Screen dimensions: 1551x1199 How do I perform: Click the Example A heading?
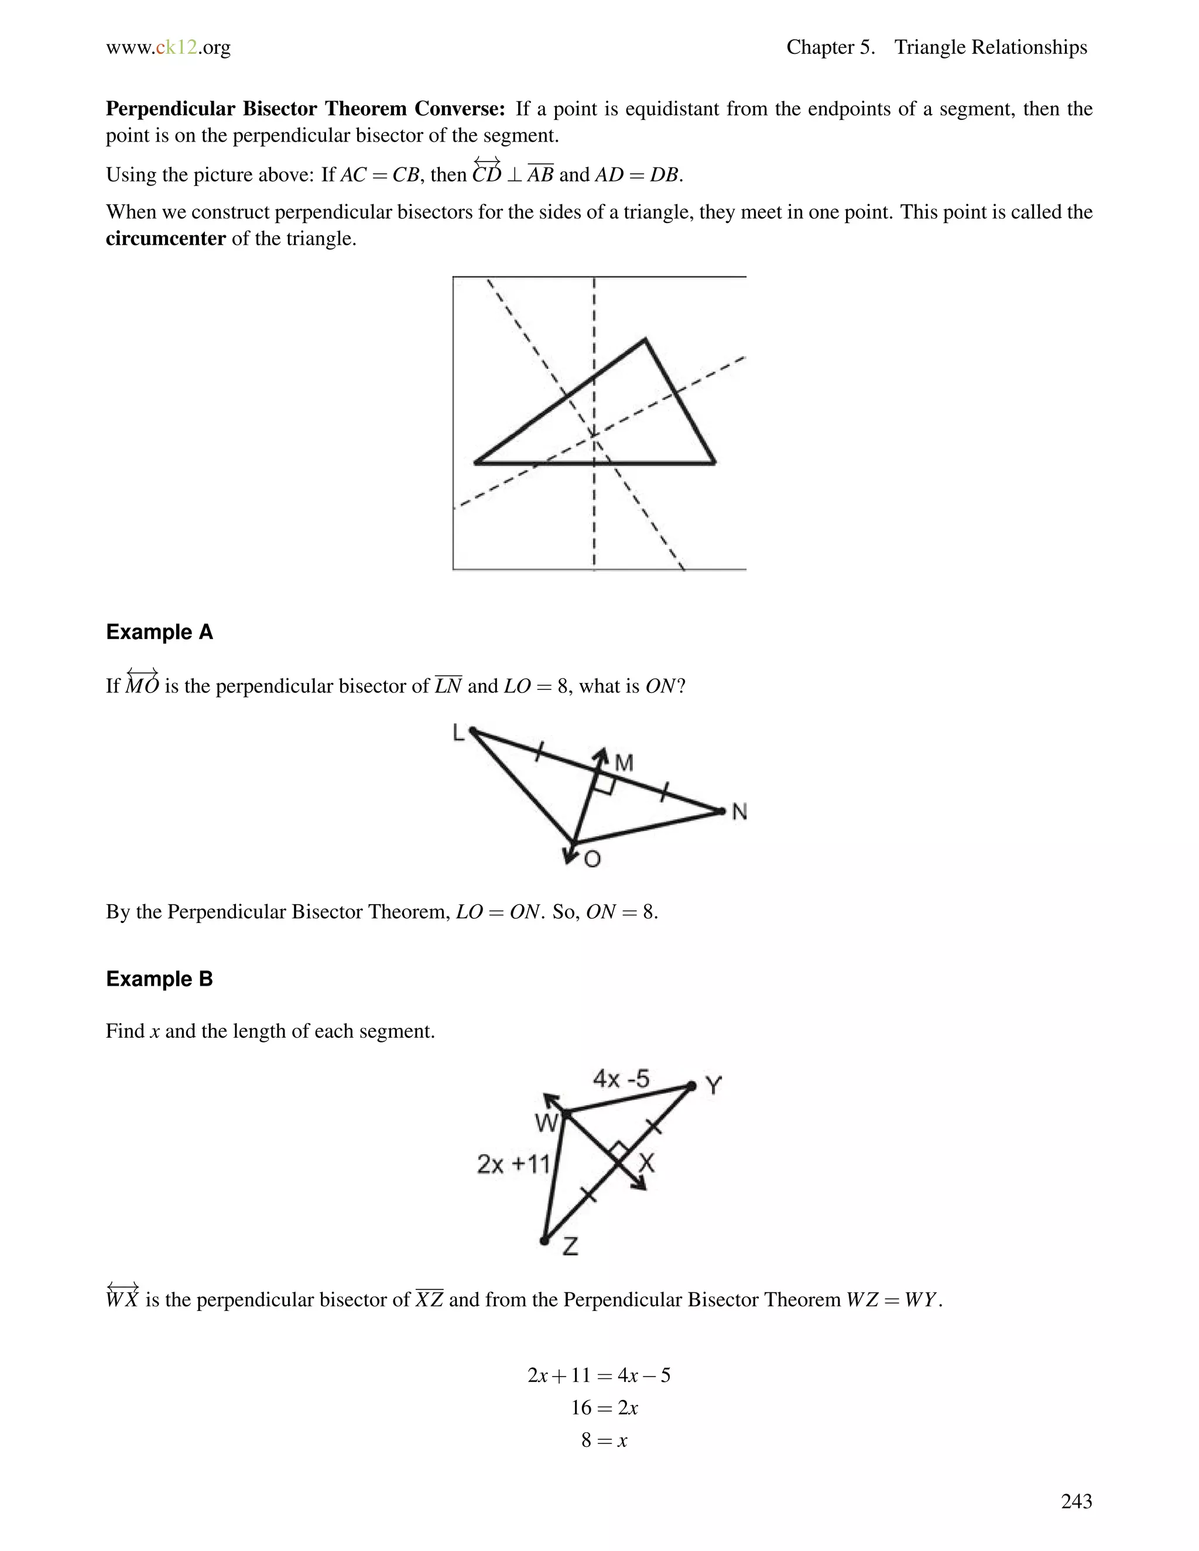pos(159,632)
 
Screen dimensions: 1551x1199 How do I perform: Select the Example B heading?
pos(159,979)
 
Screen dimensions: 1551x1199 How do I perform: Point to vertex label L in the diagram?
pos(458,732)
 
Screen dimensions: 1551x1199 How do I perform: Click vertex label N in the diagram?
pos(739,812)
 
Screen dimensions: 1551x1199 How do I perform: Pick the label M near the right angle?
pos(624,763)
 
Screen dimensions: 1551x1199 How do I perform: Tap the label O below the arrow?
pos(592,860)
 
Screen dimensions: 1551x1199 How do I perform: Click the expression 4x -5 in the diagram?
pos(621,1079)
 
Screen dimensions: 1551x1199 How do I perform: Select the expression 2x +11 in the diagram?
pos(513,1164)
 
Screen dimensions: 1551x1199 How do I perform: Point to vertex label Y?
pos(714,1086)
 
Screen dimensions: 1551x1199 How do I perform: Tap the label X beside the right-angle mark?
pos(646,1162)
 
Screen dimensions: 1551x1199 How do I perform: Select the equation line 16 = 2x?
pos(604,1408)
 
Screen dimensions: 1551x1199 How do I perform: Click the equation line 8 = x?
pos(604,1440)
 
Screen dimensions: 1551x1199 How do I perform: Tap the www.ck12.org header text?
pos(169,47)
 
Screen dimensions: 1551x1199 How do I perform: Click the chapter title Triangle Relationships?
pos(990,47)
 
